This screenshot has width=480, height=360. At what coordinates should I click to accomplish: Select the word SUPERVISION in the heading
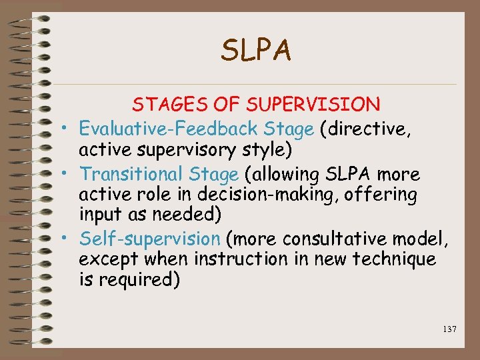point(313,105)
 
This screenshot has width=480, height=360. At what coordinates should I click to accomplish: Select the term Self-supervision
point(149,239)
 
